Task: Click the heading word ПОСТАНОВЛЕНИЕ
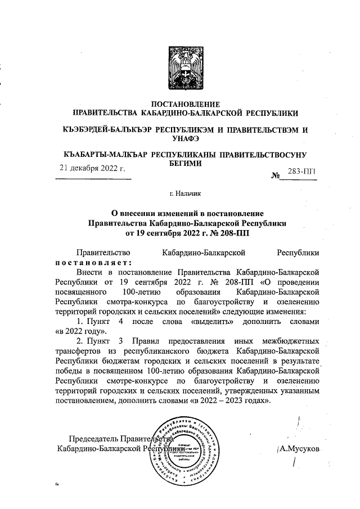[186, 103]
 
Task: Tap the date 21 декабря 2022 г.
[92, 168]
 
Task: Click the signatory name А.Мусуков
[298, 449]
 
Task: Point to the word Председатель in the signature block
[93, 439]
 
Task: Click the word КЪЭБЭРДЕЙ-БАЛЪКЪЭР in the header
[106, 129]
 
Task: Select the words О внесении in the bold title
[132, 213]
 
